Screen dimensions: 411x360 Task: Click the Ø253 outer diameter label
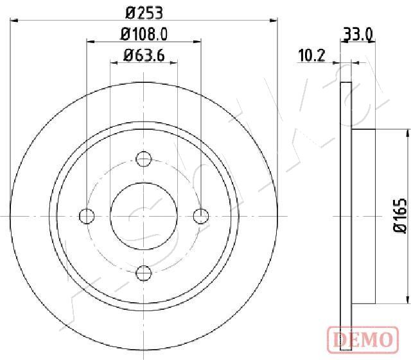coord(144,12)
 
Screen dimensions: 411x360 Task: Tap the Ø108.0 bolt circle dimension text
coord(144,34)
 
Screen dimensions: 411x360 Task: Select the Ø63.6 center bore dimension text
coord(144,55)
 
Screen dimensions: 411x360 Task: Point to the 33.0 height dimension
coord(358,34)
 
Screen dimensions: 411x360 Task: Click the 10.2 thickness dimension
coord(311,55)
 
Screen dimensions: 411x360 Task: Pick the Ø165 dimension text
coord(400,216)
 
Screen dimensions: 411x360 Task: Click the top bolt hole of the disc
coord(144,159)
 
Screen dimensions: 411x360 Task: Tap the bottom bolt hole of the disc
coord(144,273)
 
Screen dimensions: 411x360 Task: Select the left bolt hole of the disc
coord(87,216)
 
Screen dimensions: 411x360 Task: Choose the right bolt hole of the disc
coord(201,216)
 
